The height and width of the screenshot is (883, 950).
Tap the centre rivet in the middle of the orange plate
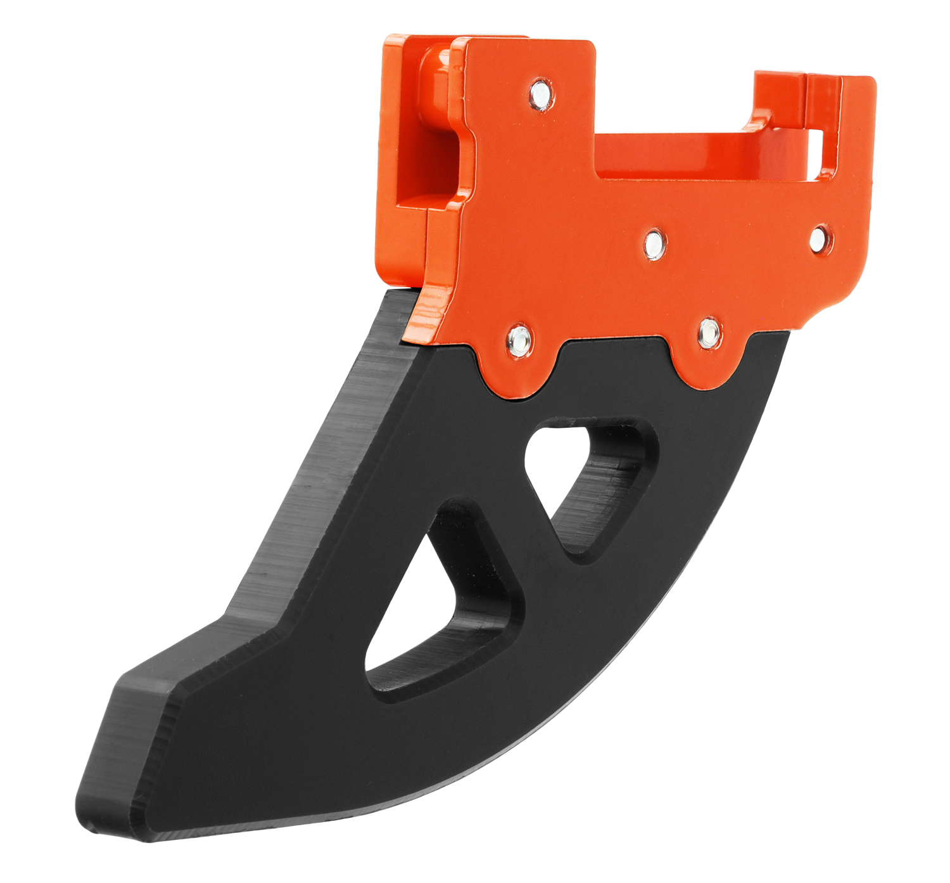point(654,244)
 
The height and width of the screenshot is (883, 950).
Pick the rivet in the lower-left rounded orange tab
point(519,340)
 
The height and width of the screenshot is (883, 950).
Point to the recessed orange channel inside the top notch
point(671,152)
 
